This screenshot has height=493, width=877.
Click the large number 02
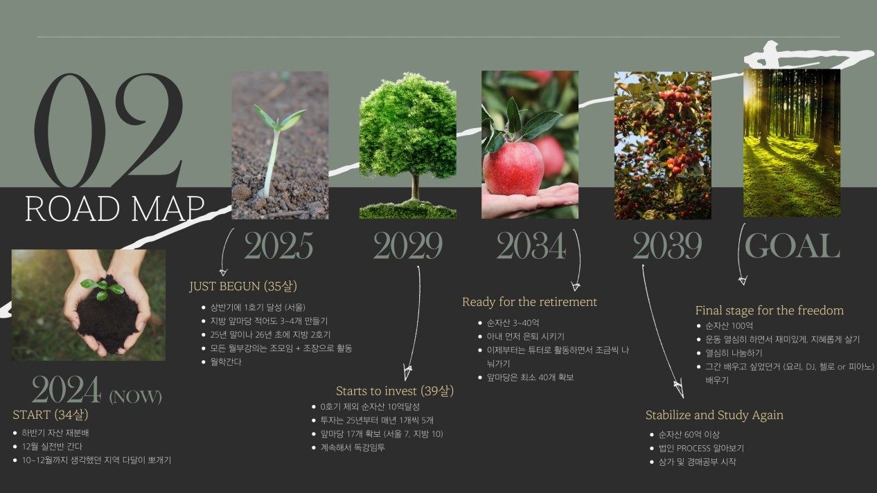(109, 130)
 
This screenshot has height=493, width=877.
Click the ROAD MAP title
(115, 208)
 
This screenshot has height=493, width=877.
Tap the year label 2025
(278, 245)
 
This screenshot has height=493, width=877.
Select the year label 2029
(408, 245)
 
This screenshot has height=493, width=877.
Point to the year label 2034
(531, 245)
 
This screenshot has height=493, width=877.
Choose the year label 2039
(667, 245)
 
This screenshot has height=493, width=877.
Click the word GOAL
(792, 245)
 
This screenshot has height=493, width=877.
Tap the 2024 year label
(67, 389)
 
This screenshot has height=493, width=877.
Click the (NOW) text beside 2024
(136, 396)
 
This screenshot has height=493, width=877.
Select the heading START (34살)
(51, 414)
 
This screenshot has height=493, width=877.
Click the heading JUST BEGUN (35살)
(243, 286)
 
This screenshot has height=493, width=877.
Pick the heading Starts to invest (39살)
(395, 391)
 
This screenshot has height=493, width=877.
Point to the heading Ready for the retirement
(529, 302)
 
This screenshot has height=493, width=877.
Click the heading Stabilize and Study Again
(714, 415)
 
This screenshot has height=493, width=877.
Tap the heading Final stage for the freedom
(770, 310)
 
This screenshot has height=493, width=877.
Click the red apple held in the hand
(513, 168)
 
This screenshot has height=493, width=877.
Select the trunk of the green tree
(416, 188)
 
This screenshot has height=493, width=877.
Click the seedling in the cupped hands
(103, 288)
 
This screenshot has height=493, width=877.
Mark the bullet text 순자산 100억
(729, 325)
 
